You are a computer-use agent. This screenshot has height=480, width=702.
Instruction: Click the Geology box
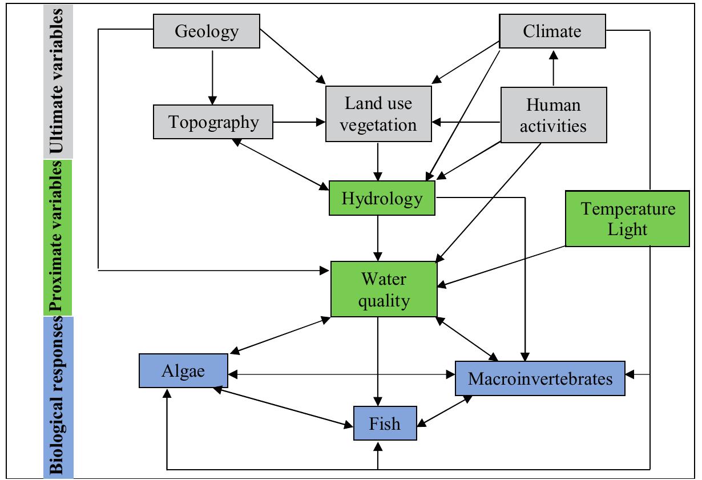click(206, 31)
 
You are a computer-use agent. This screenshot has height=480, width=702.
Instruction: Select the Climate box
click(552, 31)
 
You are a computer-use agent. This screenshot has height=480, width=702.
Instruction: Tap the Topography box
click(213, 122)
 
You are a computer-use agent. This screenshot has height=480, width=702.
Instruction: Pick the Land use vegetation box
click(378, 114)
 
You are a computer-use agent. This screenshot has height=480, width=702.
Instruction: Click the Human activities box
click(553, 115)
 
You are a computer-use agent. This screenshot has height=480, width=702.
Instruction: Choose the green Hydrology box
click(382, 198)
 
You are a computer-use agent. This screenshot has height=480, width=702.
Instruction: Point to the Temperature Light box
click(628, 219)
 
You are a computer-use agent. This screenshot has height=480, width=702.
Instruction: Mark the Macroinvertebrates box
click(540, 378)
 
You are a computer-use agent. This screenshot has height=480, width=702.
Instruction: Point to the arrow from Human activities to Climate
click(552, 68)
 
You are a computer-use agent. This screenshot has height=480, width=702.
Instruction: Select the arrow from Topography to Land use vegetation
click(300, 122)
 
